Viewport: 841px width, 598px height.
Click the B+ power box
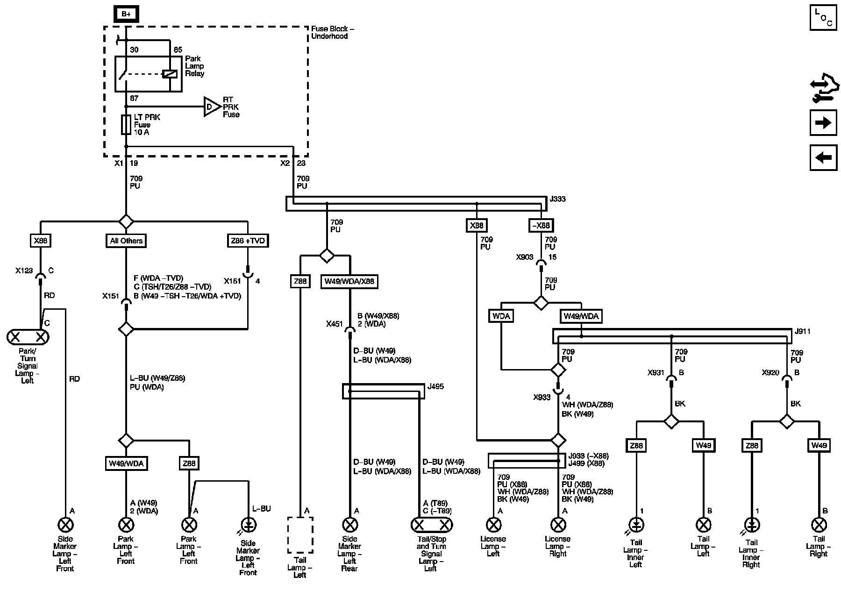(126, 14)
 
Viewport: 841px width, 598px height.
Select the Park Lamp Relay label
(194, 66)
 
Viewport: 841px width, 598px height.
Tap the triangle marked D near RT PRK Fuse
(211, 107)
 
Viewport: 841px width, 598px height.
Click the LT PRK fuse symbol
(126, 125)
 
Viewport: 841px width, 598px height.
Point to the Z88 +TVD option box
(248, 241)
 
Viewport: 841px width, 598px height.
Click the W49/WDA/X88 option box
(349, 282)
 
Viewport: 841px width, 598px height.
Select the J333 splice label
(557, 199)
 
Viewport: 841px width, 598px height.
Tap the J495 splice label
(435, 387)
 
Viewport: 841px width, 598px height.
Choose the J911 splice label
(803, 332)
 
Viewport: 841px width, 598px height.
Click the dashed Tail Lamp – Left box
(300, 535)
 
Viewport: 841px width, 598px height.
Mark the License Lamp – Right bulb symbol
(558, 525)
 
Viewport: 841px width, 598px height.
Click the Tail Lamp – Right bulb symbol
(819, 525)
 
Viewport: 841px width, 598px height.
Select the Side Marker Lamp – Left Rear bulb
(349, 525)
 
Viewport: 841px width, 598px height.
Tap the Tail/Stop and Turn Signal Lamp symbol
(432, 525)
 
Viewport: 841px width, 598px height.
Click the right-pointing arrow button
(823, 123)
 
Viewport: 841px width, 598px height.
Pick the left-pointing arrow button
(823, 157)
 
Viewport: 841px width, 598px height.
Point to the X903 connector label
(525, 257)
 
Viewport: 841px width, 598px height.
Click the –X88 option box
(541, 226)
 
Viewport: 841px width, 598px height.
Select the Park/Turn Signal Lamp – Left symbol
(28, 337)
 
